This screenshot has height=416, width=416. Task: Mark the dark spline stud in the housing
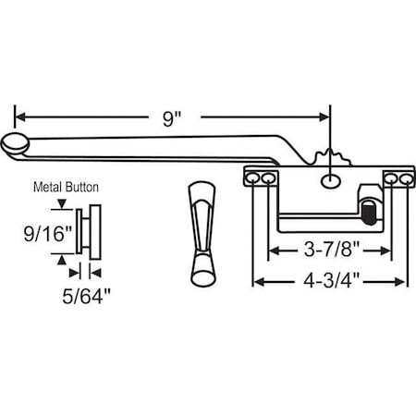point(369,211)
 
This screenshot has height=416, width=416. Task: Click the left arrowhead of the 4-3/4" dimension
point(259,282)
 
